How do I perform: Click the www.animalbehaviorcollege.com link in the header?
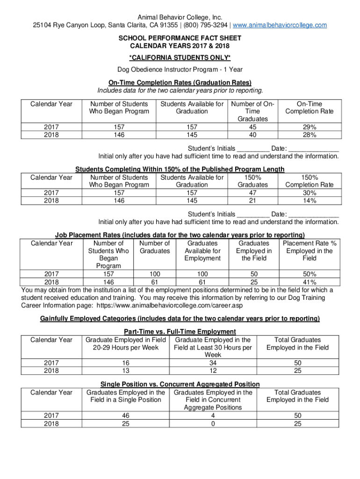(x=280, y=25)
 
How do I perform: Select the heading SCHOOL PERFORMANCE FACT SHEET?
(x=180, y=39)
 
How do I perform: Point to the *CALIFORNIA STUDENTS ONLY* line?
(x=180, y=58)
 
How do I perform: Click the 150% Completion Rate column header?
(x=309, y=181)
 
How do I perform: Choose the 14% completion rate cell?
(x=309, y=201)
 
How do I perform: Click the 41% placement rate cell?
(x=309, y=282)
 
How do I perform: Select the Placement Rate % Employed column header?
(x=309, y=251)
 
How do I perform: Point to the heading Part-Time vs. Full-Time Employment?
(x=180, y=332)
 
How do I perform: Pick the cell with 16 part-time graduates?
(x=125, y=363)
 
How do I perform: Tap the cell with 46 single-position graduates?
(x=125, y=415)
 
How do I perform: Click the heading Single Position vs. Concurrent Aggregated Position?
(x=180, y=385)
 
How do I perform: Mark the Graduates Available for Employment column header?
(x=202, y=251)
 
